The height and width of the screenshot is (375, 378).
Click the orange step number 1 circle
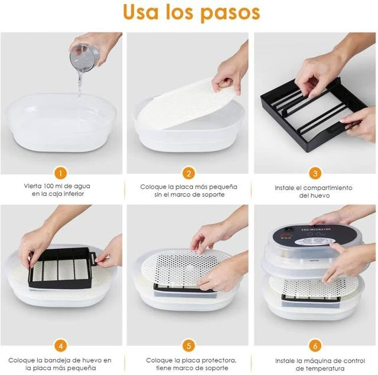tap(60, 173)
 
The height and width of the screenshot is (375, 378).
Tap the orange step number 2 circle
tap(188, 173)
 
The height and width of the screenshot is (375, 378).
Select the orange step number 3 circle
tap(315, 173)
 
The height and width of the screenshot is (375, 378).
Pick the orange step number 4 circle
tap(60, 346)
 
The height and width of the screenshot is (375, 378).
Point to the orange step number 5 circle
tap(188, 346)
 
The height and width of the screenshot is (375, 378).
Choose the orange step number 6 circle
tap(315, 346)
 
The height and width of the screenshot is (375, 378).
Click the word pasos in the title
tap(230, 13)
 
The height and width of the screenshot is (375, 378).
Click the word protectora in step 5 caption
tap(219, 361)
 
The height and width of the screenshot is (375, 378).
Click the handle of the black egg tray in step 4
tap(93, 258)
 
